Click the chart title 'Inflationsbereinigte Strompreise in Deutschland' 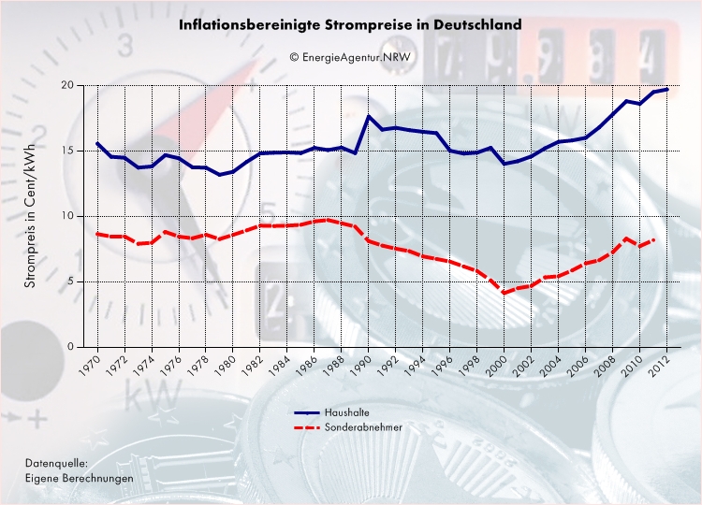[x=350, y=25]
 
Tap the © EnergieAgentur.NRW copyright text [x=350, y=57]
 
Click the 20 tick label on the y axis [x=66, y=85]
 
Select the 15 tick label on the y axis [x=66, y=151]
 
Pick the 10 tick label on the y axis [x=66, y=216]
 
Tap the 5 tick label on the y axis [x=70, y=281]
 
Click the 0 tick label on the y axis [x=70, y=347]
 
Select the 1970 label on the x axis [x=90, y=366]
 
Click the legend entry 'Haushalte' [x=345, y=412]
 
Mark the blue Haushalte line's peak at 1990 [x=369, y=116]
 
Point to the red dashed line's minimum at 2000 [x=505, y=293]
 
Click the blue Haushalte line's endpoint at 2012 [x=666, y=89]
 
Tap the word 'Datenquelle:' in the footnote [x=57, y=463]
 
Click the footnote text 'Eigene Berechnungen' [x=79, y=478]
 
